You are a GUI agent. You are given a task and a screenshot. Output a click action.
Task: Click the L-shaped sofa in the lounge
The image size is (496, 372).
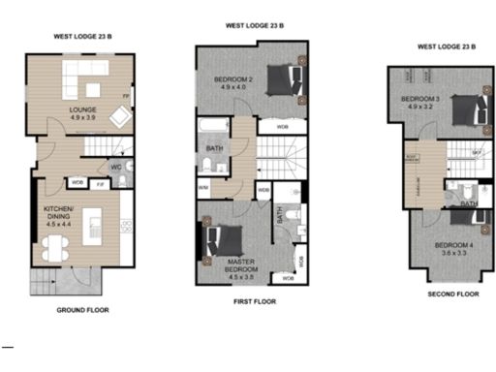(x=81, y=77)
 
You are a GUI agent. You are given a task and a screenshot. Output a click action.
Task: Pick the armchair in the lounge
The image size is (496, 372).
(x=118, y=116)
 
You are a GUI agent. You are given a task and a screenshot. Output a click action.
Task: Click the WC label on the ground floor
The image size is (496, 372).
(x=115, y=167)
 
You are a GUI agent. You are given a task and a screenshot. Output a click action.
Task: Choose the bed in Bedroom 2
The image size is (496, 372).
(x=280, y=81)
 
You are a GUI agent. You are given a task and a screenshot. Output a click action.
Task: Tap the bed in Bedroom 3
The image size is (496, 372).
(x=462, y=108)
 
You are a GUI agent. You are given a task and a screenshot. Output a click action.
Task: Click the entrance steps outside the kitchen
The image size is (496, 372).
(x=45, y=282)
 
